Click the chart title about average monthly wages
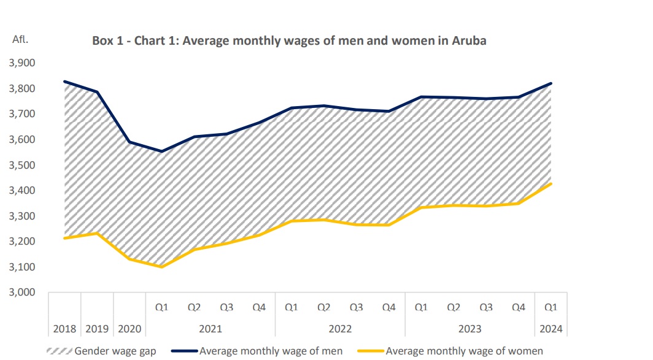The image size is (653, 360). point(289,41)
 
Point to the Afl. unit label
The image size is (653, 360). point(21,39)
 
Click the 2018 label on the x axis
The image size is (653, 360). point(64,329)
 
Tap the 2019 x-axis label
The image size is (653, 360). point(96,329)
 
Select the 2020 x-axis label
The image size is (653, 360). point(129,329)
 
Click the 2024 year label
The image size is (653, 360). point(551,329)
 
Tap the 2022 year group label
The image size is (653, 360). point(340,329)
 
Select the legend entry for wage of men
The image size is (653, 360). point(271,351)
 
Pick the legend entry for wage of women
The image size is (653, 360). point(464,351)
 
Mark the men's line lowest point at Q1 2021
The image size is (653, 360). point(161,151)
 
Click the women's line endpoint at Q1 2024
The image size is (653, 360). point(551,183)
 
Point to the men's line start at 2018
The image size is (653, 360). point(64,82)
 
